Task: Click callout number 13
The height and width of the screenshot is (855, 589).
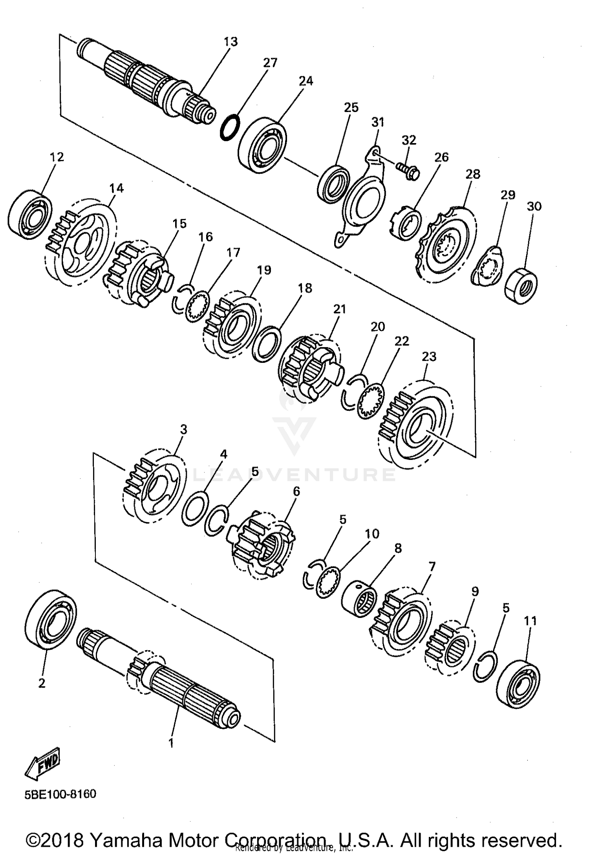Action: [x=231, y=42]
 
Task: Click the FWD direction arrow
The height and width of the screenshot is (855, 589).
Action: [x=43, y=764]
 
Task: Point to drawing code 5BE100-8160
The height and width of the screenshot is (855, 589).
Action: [x=60, y=794]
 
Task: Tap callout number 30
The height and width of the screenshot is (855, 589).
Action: [x=534, y=206]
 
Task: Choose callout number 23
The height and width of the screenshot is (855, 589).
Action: [x=429, y=357]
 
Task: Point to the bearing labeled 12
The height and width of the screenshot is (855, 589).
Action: [x=30, y=215]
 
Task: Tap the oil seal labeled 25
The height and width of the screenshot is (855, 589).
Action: [x=333, y=184]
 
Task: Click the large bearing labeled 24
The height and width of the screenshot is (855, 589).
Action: [x=262, y=145]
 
